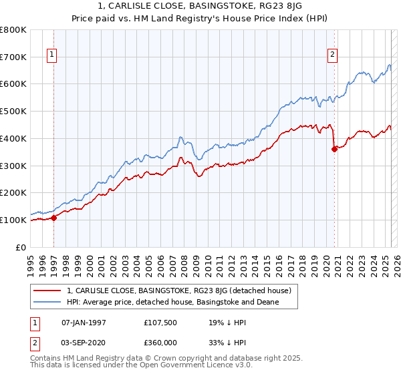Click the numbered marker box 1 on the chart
(51, 55)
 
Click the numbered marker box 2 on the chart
(332, 55)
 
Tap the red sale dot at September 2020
(334, 150)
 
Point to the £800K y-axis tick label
(13, 30)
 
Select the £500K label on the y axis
(13, 112)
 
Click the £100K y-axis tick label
(13, 220)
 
